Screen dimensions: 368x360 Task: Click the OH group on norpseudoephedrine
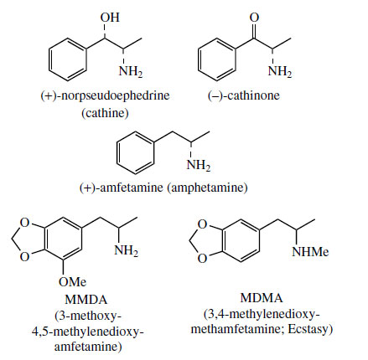click(x=110, y=18)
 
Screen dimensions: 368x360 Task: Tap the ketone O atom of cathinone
click(x=254, y=18)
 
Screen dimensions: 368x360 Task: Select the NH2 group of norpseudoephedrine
click(x=131, y=71)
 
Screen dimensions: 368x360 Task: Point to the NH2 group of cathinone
click(x=280, y=71)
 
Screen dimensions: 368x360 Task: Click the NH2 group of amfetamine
click(x=199, y=165)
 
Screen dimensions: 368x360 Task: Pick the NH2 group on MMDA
click(x=127, y=249)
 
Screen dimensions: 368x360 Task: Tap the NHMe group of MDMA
click(x=310, y=252)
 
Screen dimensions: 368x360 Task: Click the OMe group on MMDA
click(x=72, y=282)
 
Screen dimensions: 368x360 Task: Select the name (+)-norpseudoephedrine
click(x=105, y=95)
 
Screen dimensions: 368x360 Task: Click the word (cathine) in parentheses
click(x=105, y=113)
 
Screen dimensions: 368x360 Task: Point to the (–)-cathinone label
click(x=243, y=95)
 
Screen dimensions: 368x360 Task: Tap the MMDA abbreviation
click(x=86, y=300)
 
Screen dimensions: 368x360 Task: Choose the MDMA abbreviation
click(x=262, y=298)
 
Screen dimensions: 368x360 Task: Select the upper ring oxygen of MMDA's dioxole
click(x=25, y=223)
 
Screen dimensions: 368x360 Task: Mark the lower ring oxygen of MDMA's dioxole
click(x=203, y=258)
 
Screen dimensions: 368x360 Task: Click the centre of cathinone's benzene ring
click(x=217, y=59)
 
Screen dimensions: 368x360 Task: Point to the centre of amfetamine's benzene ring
click(x=135, y=153)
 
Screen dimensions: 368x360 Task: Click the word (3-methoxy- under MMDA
click(x=88, y=316)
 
